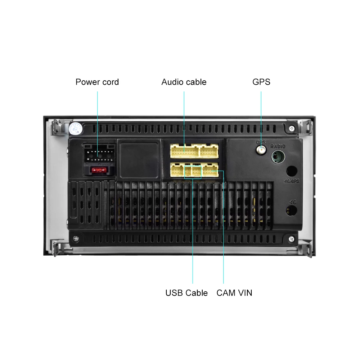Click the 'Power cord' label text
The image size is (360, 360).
(x=97, y=82)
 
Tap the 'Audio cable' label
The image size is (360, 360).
(x=184, y=82)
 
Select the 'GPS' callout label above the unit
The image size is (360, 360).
(x=261, y=82)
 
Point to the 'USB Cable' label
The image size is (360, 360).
(x=186, y=293)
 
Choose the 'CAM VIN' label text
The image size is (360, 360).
(x=234, y=293)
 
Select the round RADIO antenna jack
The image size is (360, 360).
(x=278, y=157)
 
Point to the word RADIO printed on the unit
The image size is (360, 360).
(x=278, y=146)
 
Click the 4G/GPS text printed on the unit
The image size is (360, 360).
(x=291, y=181)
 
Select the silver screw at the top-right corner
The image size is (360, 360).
(x=291, y=128)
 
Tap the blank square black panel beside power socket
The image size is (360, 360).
(x=139, y=159)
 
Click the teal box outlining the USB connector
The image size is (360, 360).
(x=193, y=171)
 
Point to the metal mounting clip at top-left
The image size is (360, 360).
(x=58, y=127)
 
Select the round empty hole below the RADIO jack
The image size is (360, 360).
(x=292, y=171)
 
